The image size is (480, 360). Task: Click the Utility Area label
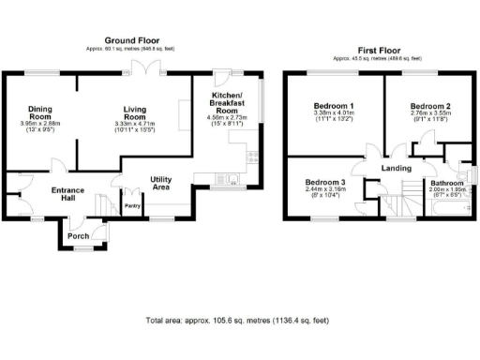[166, 183]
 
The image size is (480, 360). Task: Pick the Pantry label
[132, 205]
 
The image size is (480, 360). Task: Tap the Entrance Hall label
[67, 195]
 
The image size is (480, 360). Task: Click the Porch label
[79, 236]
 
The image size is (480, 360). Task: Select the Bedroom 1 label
[333, 107]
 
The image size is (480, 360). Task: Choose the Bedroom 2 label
[431, 107]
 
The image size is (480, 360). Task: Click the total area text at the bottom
[238, 321]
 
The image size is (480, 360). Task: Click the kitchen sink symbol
[227, 178]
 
